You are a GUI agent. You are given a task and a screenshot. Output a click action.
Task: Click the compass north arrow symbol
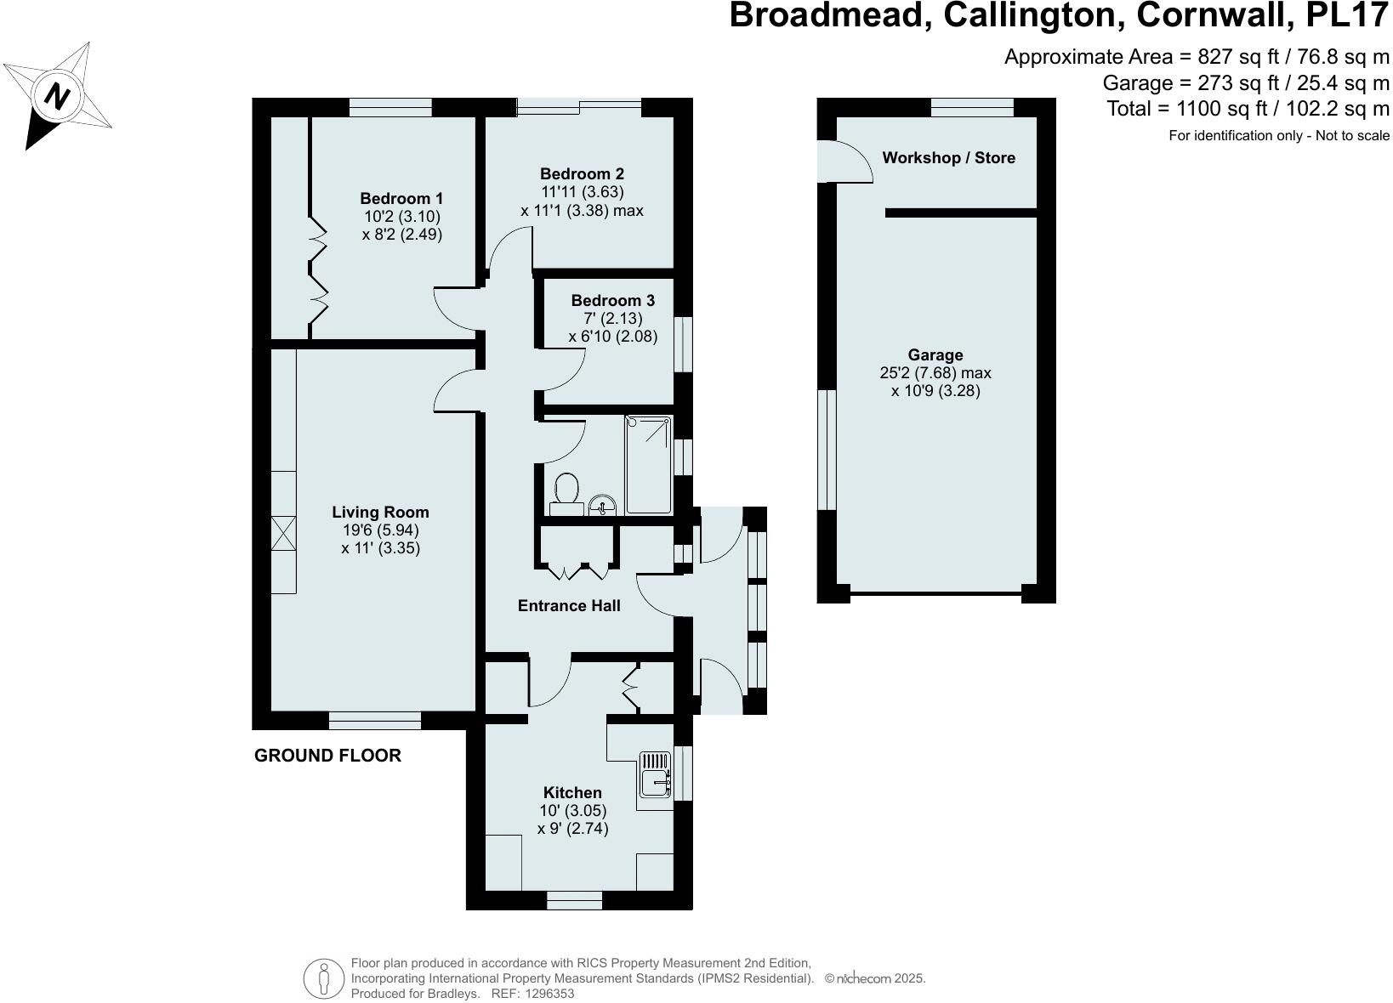(57, 96)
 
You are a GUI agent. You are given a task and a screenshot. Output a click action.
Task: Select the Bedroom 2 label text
(582, 174)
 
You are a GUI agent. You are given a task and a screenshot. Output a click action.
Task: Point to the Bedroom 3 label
(612, 300)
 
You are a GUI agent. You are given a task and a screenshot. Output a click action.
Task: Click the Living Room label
(380, 512)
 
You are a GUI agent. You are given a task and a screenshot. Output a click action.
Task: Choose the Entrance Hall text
(569, 605)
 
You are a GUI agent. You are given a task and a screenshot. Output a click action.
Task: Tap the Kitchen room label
(572, 792)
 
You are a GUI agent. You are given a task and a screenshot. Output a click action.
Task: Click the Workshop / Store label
(948, 157)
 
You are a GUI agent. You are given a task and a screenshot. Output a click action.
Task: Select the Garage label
(935, 354)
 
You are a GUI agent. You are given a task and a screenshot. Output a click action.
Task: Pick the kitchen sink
(655, 773)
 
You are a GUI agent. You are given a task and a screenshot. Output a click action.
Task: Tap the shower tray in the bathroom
(648, 464)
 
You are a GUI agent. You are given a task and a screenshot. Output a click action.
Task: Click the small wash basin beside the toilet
(603, 505)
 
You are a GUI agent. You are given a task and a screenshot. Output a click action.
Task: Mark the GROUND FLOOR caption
(327, 756)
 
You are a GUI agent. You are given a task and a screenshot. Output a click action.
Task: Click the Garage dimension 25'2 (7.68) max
(935, 372)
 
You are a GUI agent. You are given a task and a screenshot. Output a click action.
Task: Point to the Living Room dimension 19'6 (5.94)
(380, 530)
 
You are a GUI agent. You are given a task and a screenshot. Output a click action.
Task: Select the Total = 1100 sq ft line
(1248, 108)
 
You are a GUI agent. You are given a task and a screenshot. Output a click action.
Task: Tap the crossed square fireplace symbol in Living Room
(284, 534)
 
